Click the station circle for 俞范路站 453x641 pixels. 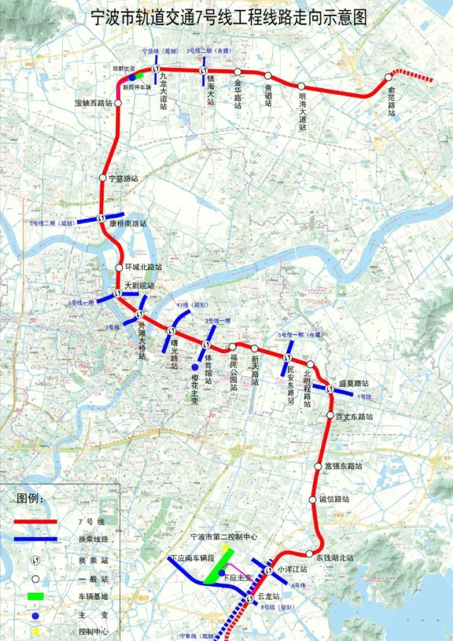pyautogui.click(x=388, y=77)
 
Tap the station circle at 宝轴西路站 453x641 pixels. pyautogui.click(x=118, y=102)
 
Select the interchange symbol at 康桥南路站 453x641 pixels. pyautogui.click(x=102, y=218)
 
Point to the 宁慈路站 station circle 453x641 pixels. pyautogui.click(x=103, y=178)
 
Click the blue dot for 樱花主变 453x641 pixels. pyautogui.click(x=195, y=367)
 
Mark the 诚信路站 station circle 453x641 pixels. pyautogui.click(x=313, y=500)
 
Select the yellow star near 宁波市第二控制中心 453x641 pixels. pyautogui.click(x=225, y=547)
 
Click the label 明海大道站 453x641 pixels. pyautogui.click(x=302, y=109)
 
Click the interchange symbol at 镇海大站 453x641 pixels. pyautogui.click(x=204, y=72)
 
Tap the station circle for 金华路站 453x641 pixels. pyautogui.click(x=238, y=72)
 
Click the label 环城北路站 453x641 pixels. pyautogui.click(x=143, y=268)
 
